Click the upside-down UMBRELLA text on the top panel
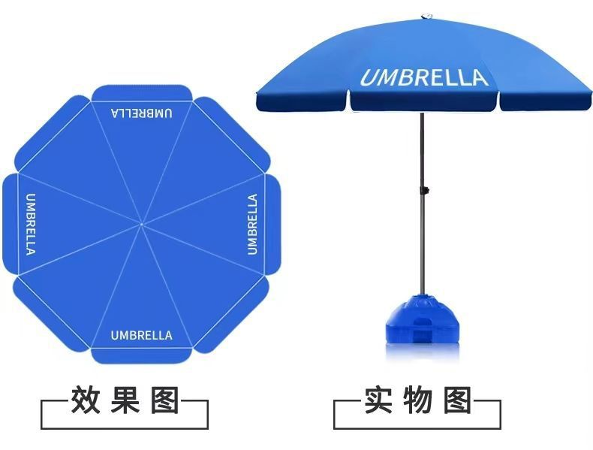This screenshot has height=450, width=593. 142,113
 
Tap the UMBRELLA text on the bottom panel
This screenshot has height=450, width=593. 142,335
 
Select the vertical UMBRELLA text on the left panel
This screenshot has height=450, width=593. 31,224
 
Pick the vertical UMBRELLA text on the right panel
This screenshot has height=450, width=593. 252,224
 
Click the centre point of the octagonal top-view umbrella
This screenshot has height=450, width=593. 142,223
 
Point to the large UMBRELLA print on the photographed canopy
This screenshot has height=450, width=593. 423,77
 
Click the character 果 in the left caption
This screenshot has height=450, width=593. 124,400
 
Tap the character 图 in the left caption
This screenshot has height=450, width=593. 164,400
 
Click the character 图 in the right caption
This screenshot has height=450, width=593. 456,400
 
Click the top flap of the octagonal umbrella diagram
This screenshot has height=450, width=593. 142,92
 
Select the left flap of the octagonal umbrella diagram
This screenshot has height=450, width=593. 10,224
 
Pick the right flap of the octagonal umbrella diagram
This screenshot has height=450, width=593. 272,224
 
